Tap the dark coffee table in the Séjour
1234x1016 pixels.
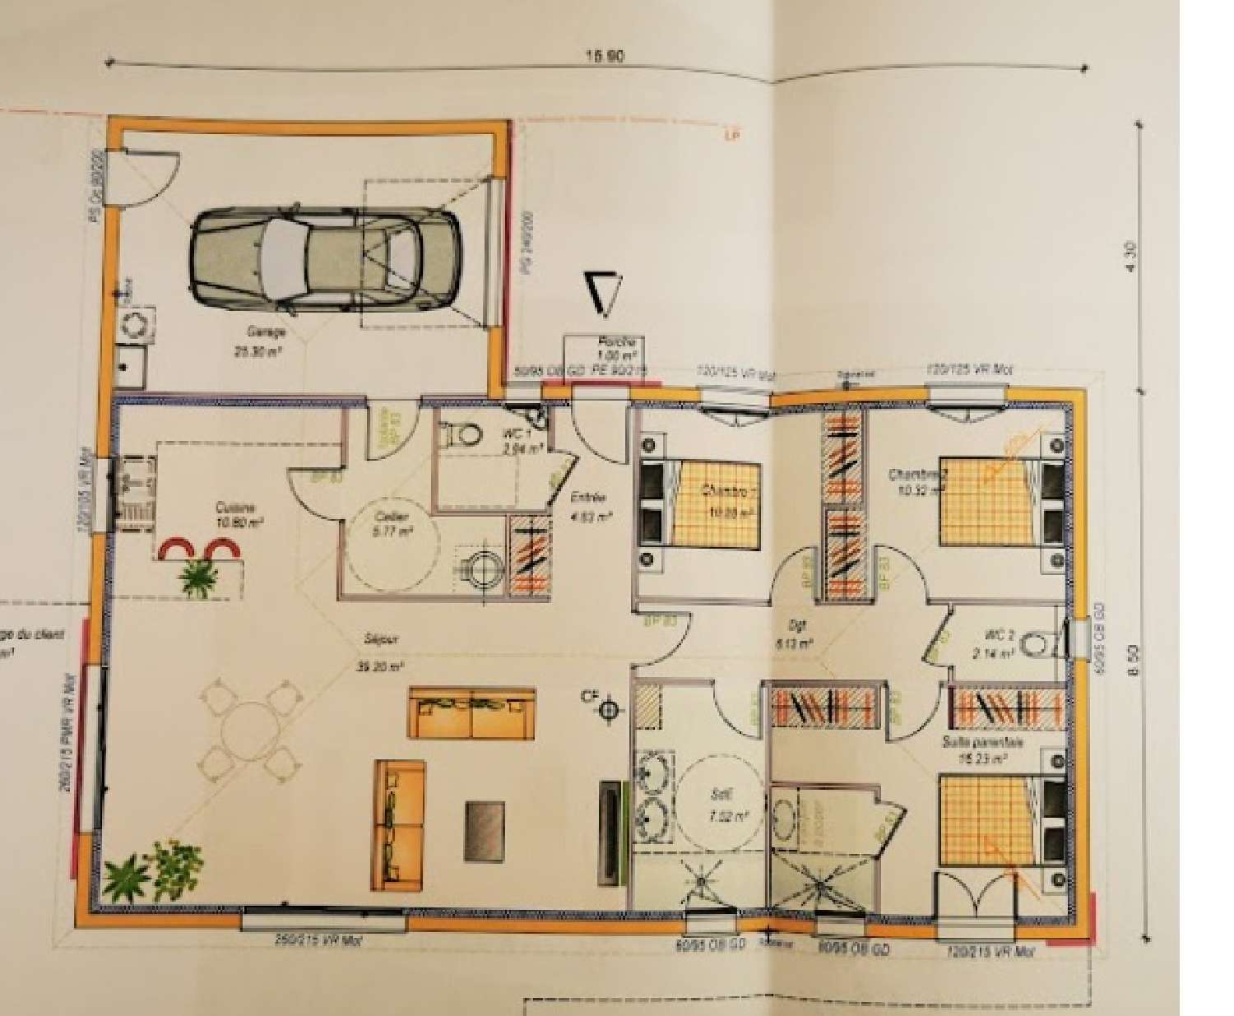(x=485, y=831)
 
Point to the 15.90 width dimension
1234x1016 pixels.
(x=605, y=57)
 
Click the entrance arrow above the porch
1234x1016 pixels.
(x=605, y=294)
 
